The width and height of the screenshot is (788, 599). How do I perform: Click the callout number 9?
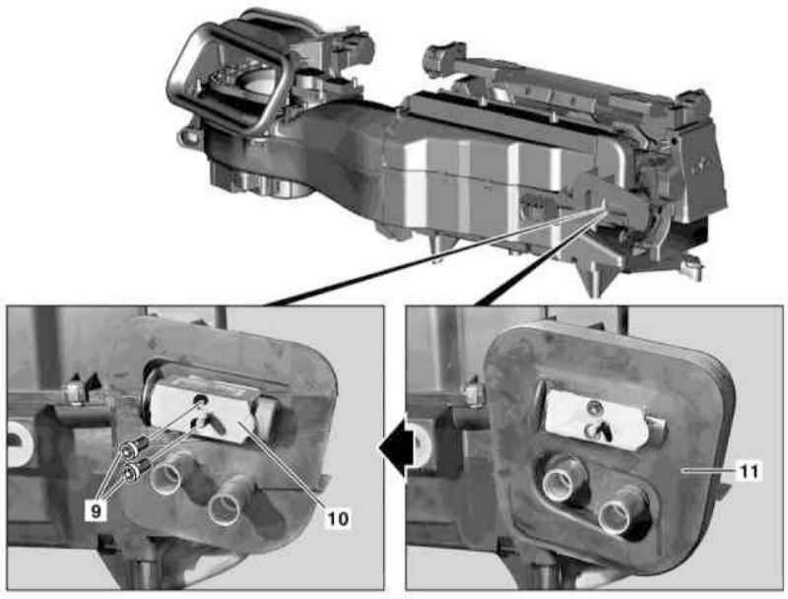pos(96,510)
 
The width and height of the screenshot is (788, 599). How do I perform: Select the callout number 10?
pos(337,518)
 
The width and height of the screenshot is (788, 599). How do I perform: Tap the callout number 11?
pos(750,471)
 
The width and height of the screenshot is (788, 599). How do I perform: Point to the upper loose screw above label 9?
pos(136,446)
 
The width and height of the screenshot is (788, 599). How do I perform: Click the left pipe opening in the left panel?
pos(166,476)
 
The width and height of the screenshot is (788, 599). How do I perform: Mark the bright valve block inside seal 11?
pos(597,418)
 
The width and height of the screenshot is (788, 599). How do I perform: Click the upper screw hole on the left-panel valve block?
pos(201,400)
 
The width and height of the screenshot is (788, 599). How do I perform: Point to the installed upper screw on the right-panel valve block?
pos(596,409)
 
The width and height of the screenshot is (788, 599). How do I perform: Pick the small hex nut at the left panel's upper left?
pos(73,391)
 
